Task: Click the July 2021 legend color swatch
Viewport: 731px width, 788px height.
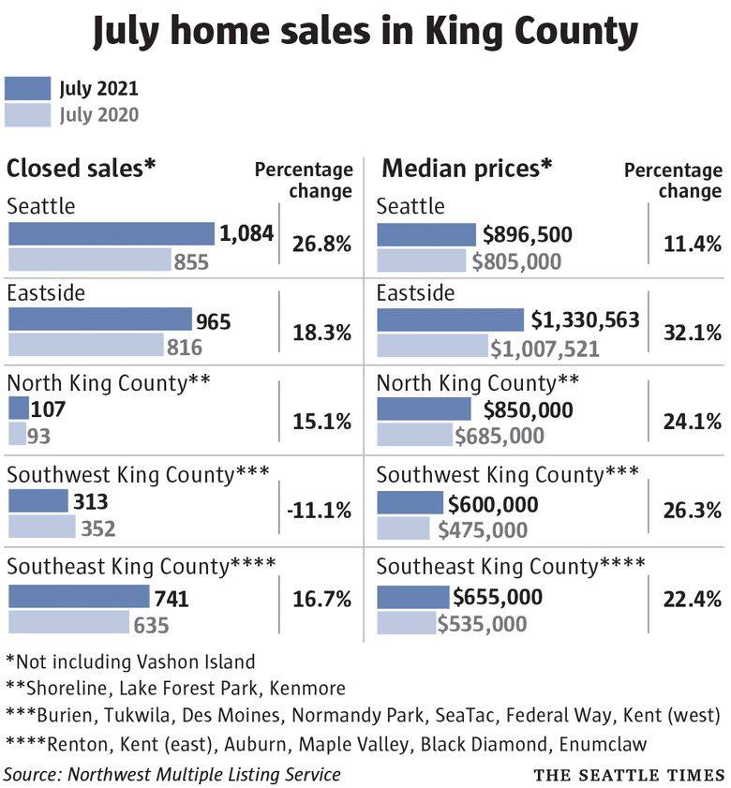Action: click(28, 88)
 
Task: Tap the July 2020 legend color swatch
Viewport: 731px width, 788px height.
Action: click(28, 114)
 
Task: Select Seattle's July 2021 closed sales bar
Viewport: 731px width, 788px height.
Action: click(111, 233)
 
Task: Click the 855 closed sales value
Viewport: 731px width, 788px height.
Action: click(191, 262)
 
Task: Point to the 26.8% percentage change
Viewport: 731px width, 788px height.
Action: click(321, 245)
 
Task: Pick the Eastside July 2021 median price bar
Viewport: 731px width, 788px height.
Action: click(450, 320)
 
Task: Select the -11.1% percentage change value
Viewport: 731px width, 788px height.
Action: click(320, 511)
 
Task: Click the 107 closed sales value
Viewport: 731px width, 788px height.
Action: click(49, 409)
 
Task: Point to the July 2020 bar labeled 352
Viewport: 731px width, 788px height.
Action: click(41, 527)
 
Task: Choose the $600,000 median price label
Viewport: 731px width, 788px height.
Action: click(493, 504)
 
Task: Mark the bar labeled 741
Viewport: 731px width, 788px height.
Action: click(78, 597)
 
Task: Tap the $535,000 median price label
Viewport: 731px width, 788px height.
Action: click(482, 624)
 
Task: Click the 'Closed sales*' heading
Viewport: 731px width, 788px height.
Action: click(81, 169)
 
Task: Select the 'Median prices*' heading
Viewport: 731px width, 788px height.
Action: click(466, 169)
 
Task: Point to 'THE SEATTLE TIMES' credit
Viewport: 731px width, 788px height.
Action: click(629, 775)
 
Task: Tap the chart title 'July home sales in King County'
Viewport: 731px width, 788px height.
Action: click(365, 33)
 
